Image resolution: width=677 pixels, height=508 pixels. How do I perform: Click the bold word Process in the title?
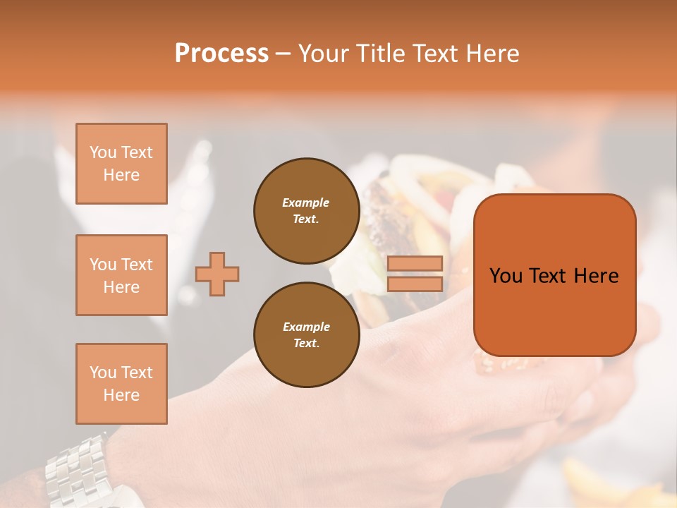[x=221, y=54]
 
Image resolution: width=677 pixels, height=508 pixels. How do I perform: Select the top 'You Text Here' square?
[x=121, y=164]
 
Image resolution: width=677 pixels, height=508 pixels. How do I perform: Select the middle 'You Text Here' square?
[x=121, y=275]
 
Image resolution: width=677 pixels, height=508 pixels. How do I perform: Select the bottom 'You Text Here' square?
[x=121, y=384]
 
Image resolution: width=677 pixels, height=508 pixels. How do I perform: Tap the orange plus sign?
[x=217, y=274]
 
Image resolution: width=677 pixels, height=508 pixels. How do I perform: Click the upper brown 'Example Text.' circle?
[x=306, y=211]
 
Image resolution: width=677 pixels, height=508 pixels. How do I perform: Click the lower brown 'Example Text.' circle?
[x=306, y=335]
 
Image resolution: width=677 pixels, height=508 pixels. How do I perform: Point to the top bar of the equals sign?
[x=415, y=264]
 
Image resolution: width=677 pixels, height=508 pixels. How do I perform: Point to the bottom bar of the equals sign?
[x=415, y=284]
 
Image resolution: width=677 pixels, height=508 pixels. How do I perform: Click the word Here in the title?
[x=492, y=54]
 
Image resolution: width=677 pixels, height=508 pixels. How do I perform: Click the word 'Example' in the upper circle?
[x=306, y=202]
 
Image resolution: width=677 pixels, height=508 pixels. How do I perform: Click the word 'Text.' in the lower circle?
[x=306, y=344]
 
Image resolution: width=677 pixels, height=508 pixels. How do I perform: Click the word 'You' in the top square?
[x=103, y=152]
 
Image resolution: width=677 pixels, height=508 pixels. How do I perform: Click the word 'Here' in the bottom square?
[x=121, y=395]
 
